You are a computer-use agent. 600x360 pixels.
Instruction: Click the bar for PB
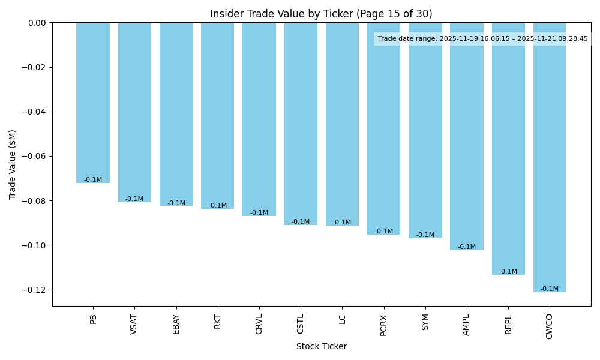point(93,102)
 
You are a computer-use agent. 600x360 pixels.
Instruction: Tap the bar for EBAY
point(176,114)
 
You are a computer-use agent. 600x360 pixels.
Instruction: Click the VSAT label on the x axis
point(134,324)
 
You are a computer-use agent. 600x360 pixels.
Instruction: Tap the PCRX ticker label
point(384,325)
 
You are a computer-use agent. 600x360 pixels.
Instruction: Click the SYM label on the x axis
point(425,322)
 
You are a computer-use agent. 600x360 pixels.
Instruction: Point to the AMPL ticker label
point(467,325)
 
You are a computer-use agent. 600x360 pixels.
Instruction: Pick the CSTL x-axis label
point(301,324)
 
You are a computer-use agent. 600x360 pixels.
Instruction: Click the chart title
point(321,14)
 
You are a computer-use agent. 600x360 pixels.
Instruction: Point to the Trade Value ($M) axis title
point(13,164)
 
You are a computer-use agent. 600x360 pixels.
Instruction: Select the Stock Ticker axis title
point(322,346)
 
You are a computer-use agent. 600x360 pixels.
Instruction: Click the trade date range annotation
point(482,39)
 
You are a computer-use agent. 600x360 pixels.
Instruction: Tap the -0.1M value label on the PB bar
point(93,180)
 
